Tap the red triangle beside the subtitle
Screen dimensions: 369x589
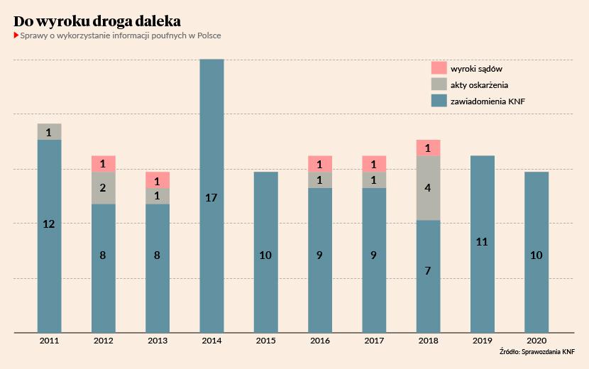tap(16, 35)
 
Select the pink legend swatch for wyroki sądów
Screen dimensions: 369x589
tap(439, 68)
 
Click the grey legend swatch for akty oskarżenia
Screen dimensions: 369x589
tap(439, 84)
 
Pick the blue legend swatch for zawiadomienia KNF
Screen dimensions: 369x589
tap(439, 101)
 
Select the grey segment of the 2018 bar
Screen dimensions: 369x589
tap(428, 188)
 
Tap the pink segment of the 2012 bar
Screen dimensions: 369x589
tap(104, 164)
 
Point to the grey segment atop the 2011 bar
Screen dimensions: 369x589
tap(49, 132)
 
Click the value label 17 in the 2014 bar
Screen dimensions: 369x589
tap(211, 198)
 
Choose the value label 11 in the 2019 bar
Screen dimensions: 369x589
tap(482, 242)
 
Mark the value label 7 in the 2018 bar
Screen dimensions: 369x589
tap(428, 270)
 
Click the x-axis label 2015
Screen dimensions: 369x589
tap(265, 341)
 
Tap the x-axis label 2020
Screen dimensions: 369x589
tap(536, 341)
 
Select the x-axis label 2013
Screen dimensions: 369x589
tap(158, 341)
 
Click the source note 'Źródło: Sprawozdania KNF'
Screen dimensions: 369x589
tap(538, 352)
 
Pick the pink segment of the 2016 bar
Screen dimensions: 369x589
tap(320, 164)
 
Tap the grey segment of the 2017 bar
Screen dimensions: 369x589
tap(374, 180)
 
